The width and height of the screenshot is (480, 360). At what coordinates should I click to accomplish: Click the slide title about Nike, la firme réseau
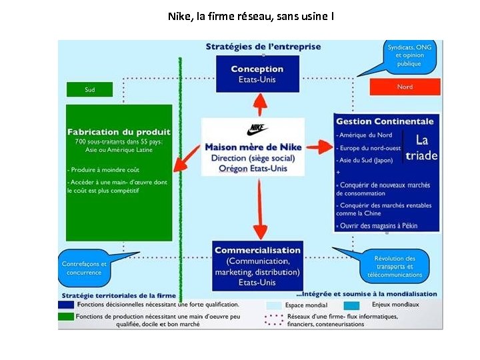click(x=251, y=15)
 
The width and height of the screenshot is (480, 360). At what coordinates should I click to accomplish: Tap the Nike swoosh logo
click(x=257, y=130)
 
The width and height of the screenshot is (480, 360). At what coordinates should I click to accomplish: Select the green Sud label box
click(x=89, y=89)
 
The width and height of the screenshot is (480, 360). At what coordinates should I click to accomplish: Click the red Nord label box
click(x=405, y=87)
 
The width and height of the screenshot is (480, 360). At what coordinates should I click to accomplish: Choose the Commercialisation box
click(x=257, y=266)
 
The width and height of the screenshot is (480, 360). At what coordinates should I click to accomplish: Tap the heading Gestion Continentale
click(x=385, y=121)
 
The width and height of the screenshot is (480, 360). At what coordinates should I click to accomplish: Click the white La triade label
click(x=421, y=148)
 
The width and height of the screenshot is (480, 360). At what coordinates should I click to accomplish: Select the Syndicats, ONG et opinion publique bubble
click(x=409, y=55)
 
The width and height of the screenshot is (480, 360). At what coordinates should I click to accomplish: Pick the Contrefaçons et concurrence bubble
click(x=84, y=268)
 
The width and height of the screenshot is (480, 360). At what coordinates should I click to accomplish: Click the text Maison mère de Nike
click(x=253, y=147)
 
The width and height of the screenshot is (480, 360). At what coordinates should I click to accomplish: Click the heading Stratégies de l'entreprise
click(x=263, y=47)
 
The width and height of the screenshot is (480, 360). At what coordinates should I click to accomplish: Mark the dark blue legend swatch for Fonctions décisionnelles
click(x=66, y=305)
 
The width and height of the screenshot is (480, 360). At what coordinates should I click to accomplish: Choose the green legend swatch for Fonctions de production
click(x=66, y=316)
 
